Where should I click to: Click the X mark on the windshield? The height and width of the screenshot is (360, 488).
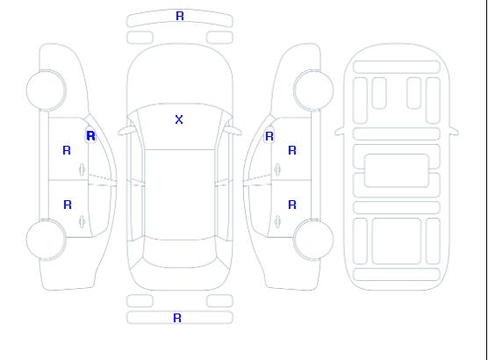179,119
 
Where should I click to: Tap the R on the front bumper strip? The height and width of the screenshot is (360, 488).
180,16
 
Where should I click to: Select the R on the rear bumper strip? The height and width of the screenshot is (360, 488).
177,318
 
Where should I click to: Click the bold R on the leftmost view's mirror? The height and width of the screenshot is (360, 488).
91,136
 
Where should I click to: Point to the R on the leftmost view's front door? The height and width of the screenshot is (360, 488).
67,150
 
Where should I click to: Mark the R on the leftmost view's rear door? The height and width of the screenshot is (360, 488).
68,205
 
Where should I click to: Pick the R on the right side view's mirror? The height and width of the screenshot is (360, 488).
269,136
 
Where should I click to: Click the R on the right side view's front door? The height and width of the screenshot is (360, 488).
292,150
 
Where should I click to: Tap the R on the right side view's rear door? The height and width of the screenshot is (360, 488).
292,205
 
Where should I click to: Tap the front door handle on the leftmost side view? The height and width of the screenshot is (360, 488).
82,169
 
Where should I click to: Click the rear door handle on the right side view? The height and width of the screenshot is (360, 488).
277,221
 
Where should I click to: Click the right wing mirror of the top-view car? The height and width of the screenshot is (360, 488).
234,131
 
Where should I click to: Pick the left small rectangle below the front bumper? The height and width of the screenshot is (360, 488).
140,38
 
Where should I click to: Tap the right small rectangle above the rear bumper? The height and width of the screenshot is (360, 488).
219,301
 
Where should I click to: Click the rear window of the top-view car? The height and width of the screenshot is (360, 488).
180,254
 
